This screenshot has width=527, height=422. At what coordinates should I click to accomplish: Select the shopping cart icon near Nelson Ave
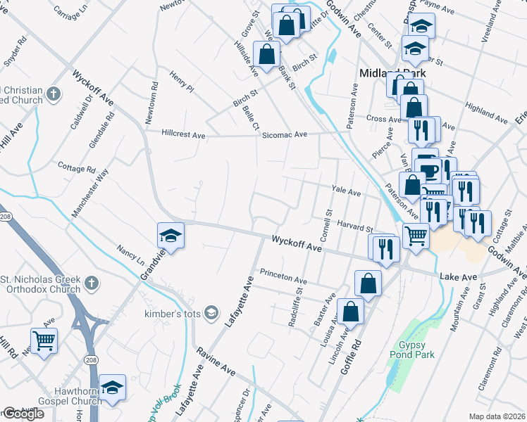pos(44,341)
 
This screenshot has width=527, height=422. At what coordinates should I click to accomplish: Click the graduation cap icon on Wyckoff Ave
pos(170,236)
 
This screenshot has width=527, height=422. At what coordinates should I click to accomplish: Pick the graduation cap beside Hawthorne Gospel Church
pos(112,388)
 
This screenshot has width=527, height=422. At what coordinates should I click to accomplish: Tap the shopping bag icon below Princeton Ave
pos(368,283)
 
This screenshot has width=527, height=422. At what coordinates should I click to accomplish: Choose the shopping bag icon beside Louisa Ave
pos(350,311)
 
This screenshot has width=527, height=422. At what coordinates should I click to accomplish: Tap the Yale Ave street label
pos(346,191)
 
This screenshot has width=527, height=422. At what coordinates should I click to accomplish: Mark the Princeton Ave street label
pos(283,275)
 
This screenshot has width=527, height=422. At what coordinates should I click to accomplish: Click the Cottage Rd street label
pos(76,170)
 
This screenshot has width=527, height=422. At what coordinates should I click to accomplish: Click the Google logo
pos(23,414)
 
